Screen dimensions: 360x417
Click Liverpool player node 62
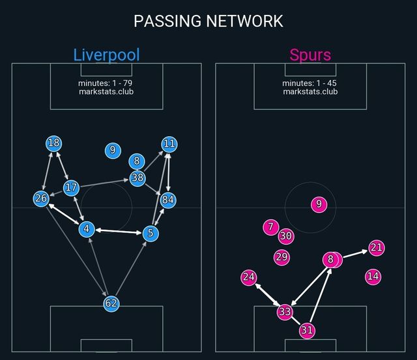click(111, 303)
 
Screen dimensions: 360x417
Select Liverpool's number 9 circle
click(113, 150)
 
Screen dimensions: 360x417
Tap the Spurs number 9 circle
click(318, 204)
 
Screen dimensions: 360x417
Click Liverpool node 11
click(169, 144)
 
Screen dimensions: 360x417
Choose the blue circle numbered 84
click(168, 200)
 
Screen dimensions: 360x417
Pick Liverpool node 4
click(87, 228)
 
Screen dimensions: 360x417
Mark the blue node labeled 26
click(41, 199)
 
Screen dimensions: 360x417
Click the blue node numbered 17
click(71, 188)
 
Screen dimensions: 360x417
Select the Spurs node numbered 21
click(376, 247)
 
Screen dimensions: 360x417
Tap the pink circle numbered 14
click(373, 276)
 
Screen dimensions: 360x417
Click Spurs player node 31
click(307, 331)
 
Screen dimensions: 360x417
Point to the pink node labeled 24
click(248, 277)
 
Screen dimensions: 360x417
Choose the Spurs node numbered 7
click(271, 227)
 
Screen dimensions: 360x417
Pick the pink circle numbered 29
click(281, 257)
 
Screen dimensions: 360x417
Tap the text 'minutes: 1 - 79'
click(106, 83)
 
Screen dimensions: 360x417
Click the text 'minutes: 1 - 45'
click(310, 83)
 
